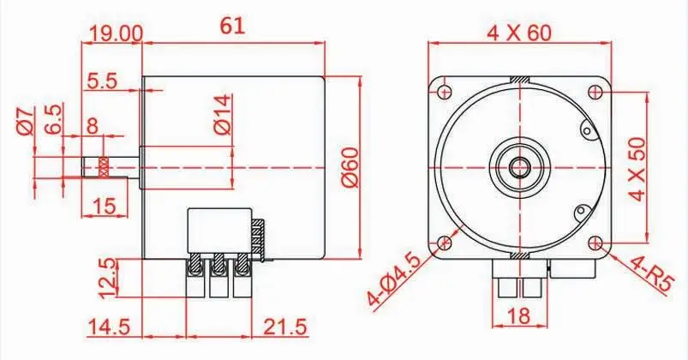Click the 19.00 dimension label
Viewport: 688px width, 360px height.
(x=116, y=33)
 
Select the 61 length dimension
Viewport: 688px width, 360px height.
(x=232, y=27)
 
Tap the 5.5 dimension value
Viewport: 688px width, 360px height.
(x=102, y=81)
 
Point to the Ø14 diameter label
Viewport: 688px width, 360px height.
(x=223, y=114)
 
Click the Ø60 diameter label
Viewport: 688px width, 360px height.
(x=350, y=168)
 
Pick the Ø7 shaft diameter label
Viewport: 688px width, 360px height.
(x=25, y=120)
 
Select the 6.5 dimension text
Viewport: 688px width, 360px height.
(x=52, y=119)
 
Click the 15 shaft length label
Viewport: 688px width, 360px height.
(x=105, y=206)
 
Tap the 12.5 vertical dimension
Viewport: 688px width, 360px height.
(x=108, y=278)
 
